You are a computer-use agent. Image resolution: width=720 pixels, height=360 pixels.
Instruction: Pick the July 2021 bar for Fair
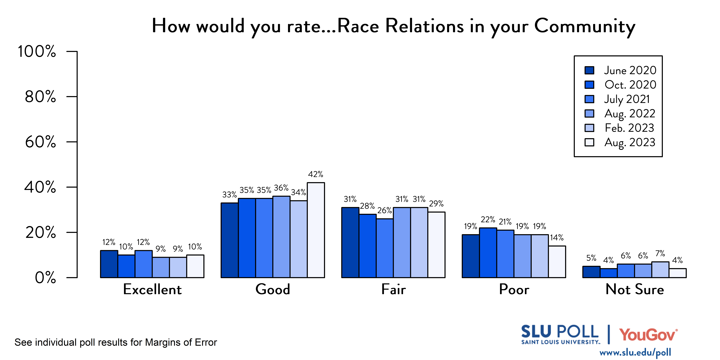(385, 248)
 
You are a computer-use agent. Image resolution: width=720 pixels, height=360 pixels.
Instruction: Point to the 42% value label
(316, 174)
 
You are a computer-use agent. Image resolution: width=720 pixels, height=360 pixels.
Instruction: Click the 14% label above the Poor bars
(557, 238)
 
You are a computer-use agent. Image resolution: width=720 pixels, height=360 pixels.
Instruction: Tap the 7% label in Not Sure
(660, 254)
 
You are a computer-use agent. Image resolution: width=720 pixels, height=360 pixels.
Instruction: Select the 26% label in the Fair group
(385, 210)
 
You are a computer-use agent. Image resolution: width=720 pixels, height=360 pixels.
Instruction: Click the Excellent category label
(152, 289)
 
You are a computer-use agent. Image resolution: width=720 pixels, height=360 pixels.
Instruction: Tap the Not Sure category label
(634, 289)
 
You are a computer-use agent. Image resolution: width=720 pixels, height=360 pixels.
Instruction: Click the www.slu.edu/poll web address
(635, 352)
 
